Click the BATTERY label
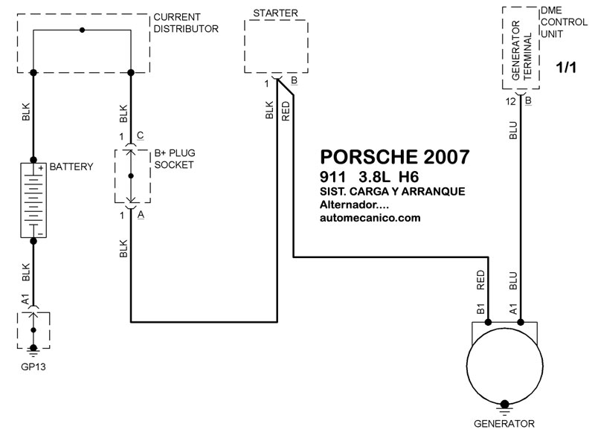click(x=71, y=167)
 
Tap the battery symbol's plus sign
click(x=41, y=168)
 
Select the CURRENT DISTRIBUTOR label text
click(x=186, y=23)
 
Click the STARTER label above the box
click(x=275, y=13)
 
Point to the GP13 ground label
click(x=33, y=367)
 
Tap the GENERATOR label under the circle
click(x=504, y=424)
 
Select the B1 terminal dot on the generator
click(x=489, y=323)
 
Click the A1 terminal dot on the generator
click(x=521, y=323)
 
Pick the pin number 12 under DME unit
click(x=511, y=102)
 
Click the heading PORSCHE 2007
click(x=395, y=157)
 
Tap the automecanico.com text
click(x=370, y=218)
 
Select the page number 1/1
click(x=566, y=68)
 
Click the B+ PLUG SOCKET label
click(x=175, y=159)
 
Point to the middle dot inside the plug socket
click(x=131, y=176)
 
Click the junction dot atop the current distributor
click(x=82, y=30)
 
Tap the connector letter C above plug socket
click(x=140, y=135)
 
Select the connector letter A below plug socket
click(x=141, y=215)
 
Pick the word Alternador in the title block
click(x=349, y=204)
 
